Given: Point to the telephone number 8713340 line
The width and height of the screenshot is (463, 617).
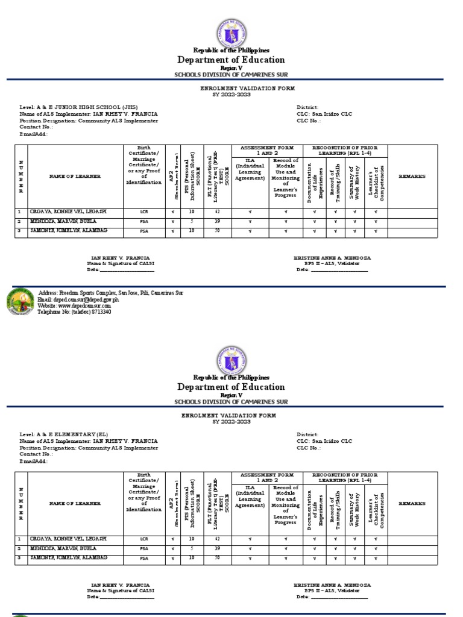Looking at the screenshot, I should (x=74, y=312).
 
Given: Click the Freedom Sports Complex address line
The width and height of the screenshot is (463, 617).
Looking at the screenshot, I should (x=110, y=293).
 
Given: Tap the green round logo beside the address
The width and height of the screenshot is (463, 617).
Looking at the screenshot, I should (x=21, y=302).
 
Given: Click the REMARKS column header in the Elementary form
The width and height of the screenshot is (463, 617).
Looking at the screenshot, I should (x=412, y=503).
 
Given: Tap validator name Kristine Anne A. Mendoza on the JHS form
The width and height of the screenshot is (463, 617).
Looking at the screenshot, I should (x=332, y=257).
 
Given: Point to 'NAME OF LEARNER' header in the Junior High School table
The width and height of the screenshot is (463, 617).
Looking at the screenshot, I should (x=75, y=176).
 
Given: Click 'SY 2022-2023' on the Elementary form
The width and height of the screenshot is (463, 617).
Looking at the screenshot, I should (x=231, y=422).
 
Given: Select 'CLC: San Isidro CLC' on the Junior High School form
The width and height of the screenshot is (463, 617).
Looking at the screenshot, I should (x=324, y=114).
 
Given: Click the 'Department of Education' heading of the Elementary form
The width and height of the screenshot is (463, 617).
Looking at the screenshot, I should (x=231, y=387).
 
